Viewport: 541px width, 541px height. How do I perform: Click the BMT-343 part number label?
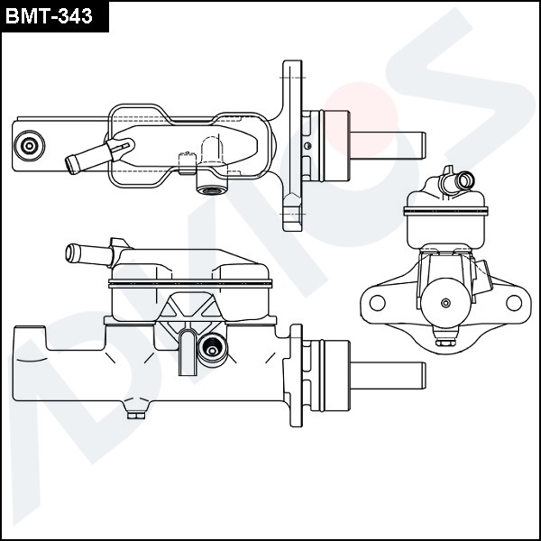pos(52,15)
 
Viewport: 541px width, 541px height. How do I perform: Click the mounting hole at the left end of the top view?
pos(32,145)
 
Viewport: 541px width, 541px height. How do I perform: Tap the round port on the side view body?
pos(213,348)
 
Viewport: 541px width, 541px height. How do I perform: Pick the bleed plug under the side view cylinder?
pos(136,414)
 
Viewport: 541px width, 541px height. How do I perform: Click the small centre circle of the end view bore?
pos(446,304)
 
